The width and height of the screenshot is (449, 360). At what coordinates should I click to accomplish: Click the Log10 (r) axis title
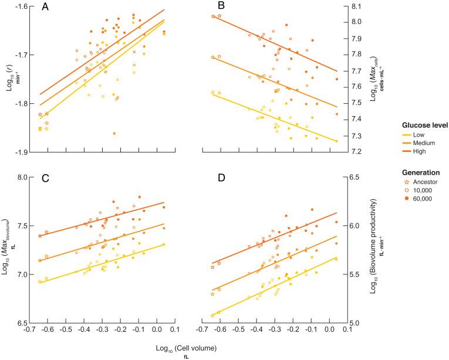pyautogui.click(x=8, y=79)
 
